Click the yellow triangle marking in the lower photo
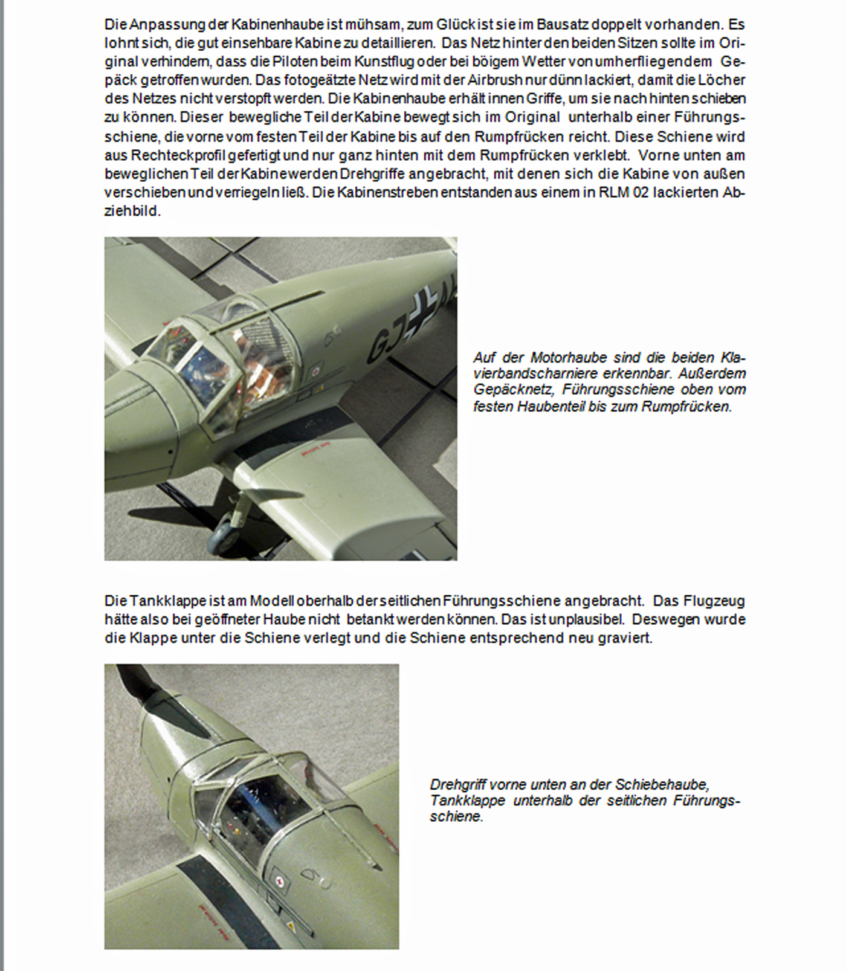click(x=291, y=926)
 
